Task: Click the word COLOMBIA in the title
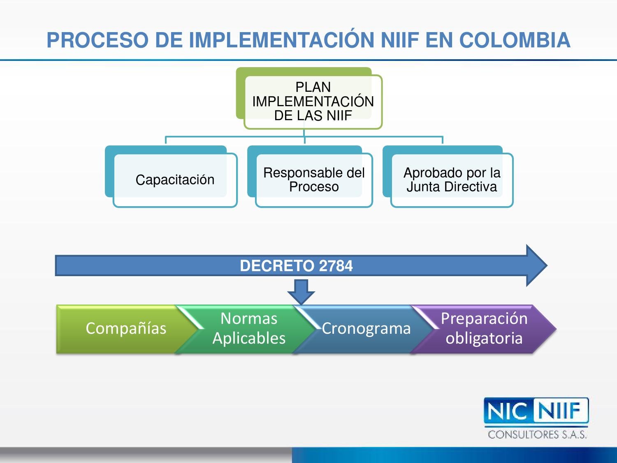(x=515, y=40)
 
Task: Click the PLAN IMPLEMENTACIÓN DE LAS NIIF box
(x=313, y=101)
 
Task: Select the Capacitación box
(x=175, y=180)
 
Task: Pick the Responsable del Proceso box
(x=314, y=180)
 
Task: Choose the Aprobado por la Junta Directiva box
(x=452, y=180)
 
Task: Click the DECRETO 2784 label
(x=296, y=266)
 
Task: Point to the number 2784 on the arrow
(x=336, y=266)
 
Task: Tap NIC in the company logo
(x=508, y=411)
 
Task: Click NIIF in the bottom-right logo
(x=560, y=411)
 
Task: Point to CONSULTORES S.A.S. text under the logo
(x=537, y=435)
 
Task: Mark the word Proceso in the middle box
(x=314, y=187)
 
